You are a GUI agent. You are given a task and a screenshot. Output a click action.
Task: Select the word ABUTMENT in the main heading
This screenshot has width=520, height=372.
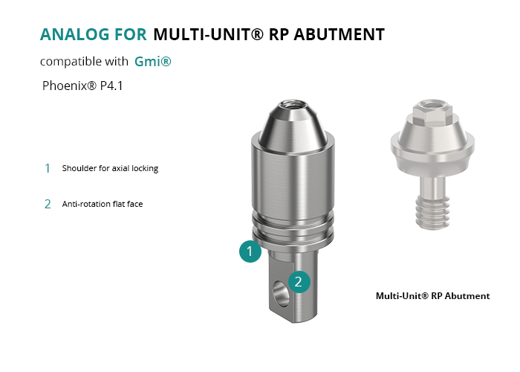coord(339,34)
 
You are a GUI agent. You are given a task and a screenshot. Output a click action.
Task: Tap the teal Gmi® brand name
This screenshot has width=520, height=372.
coord(153,62)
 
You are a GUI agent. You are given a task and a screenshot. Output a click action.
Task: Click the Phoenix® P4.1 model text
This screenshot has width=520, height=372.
coord(82,86)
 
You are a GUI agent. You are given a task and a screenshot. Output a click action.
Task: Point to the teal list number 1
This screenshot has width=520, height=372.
coord(48,168)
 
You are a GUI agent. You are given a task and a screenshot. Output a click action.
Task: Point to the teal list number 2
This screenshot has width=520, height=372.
coord(48,204)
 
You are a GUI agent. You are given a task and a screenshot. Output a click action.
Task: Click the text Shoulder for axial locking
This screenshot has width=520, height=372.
coord(110,168)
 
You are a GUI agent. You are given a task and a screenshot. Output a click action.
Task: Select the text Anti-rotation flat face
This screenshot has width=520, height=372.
coord(103,204)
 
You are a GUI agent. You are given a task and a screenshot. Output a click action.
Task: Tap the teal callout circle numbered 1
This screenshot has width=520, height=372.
coord(250,251)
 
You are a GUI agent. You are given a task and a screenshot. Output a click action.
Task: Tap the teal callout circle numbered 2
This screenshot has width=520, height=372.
coord(299,282)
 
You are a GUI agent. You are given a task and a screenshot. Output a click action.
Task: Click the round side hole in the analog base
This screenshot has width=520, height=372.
coord(280,294)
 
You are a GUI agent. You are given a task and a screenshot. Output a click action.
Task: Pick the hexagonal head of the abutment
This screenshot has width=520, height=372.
coord(432,112)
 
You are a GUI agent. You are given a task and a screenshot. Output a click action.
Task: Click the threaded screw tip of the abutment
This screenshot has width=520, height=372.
coord(432,213)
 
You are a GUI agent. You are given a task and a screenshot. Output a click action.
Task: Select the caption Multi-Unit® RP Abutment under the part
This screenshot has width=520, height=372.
coord(433,296)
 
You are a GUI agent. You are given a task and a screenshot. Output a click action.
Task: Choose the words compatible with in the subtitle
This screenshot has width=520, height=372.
coord(84,62)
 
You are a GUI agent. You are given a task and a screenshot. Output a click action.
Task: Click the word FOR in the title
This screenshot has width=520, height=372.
coord(131,34)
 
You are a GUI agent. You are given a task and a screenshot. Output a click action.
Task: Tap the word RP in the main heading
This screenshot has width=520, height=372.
coord(279,34)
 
